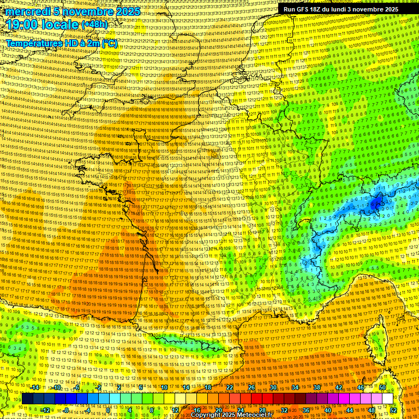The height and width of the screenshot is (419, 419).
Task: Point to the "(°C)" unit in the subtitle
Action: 109,43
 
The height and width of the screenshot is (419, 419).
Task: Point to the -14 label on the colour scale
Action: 35,387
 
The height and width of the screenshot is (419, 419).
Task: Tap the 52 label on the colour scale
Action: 393,410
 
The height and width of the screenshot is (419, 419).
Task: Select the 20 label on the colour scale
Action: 218,410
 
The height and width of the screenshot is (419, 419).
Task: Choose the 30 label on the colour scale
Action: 273,387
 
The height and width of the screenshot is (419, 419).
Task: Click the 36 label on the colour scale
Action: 306,410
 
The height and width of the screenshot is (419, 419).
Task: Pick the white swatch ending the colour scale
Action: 387,399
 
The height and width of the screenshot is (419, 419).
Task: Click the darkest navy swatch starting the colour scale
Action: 27,399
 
